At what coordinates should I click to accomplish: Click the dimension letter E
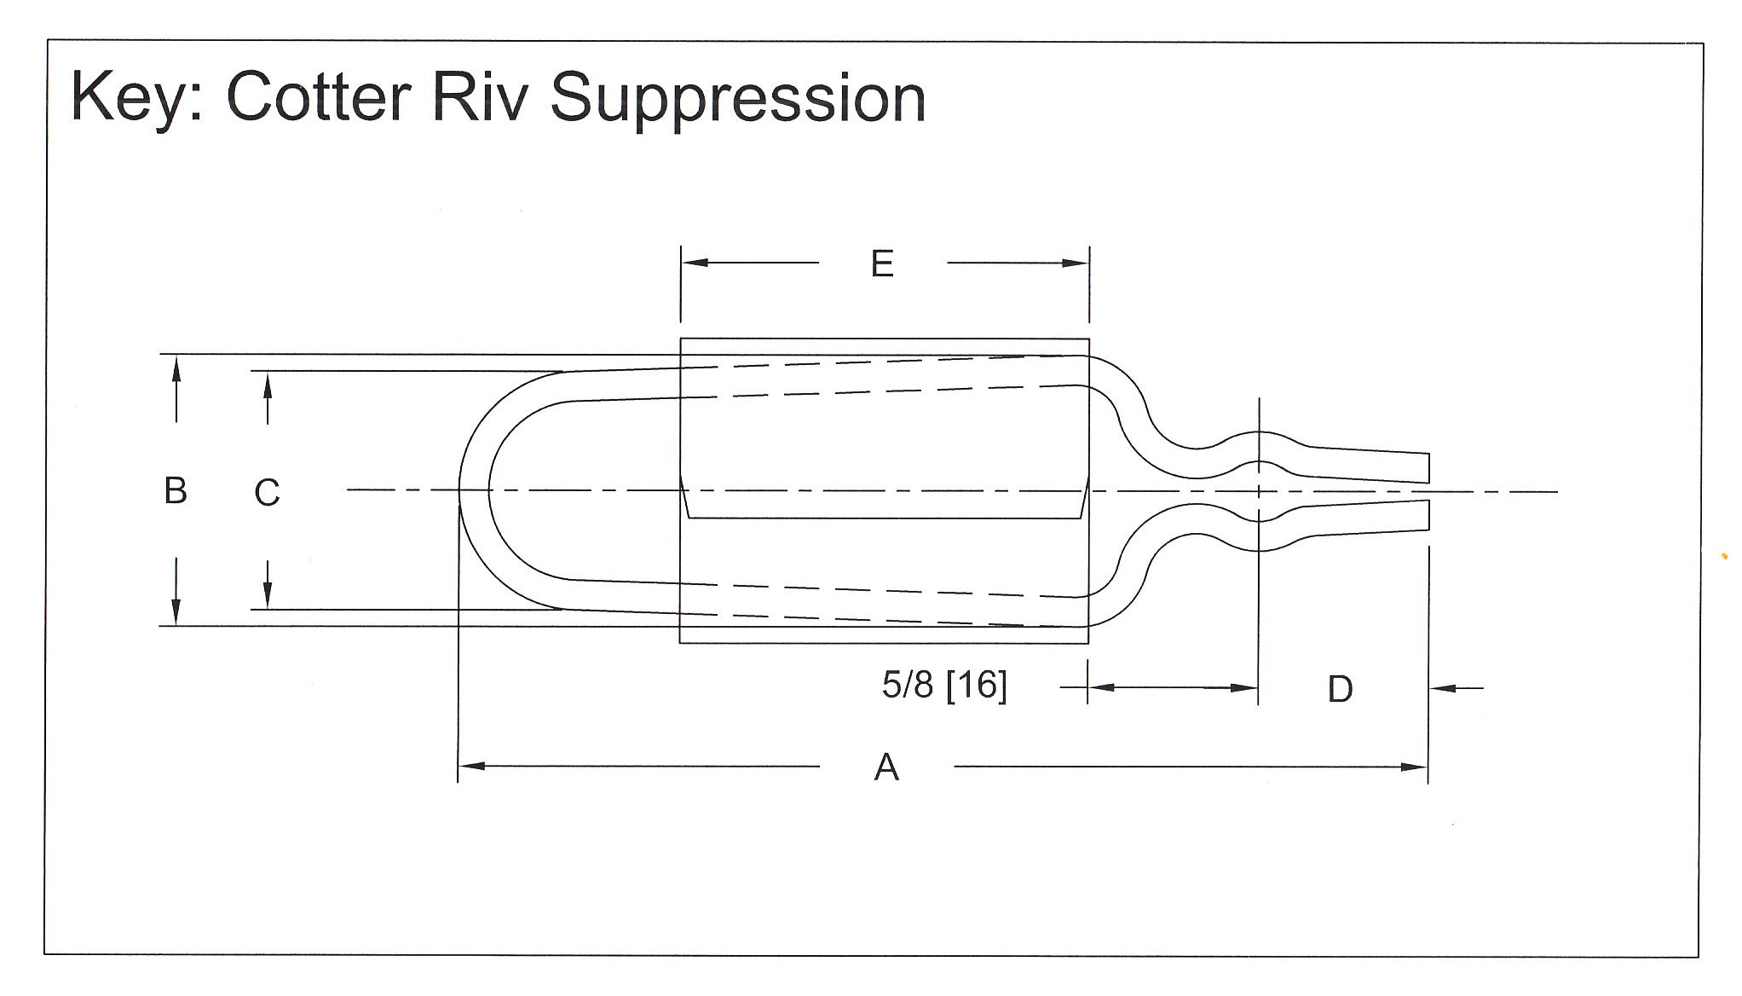882,264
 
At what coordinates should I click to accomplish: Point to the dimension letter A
886,768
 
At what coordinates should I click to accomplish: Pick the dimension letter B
176,491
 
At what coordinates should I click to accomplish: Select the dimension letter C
267,493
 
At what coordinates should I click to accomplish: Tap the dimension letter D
1340,689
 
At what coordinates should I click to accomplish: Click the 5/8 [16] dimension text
944,686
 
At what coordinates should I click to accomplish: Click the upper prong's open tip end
1428,468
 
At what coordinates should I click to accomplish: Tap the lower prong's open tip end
1428,515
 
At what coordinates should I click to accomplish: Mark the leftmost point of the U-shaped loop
461,491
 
